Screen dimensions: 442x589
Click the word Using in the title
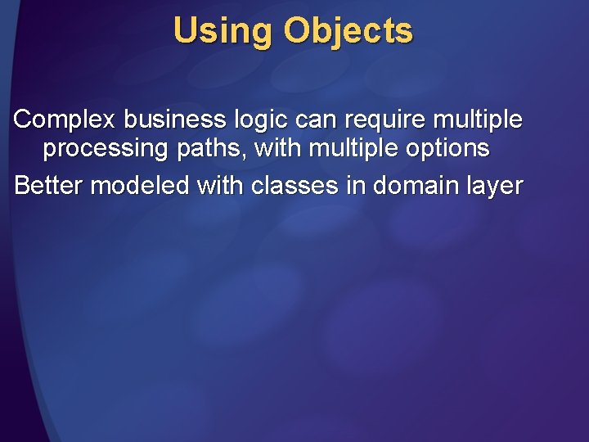223,32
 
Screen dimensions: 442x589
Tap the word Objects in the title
348,32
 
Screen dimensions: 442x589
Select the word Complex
65,120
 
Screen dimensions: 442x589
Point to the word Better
48,186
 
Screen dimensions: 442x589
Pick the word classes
294,186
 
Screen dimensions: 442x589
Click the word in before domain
355,186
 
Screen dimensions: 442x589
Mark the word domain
418,186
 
